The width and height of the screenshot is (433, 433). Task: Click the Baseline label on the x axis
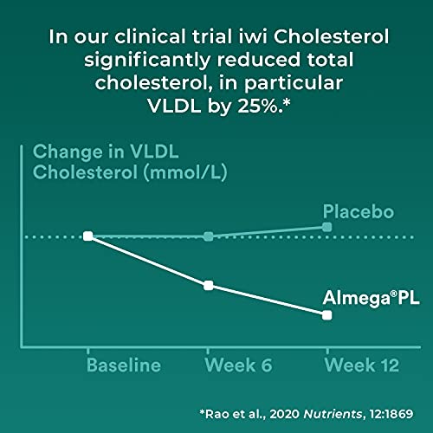(123, 365)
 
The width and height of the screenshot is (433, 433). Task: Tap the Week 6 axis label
(238, 365)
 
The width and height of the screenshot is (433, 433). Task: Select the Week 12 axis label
(361, 365)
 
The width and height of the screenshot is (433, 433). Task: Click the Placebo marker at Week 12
(326, 227)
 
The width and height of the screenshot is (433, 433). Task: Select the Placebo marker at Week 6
(208, 236)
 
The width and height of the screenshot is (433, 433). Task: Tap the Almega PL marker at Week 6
(208, 285)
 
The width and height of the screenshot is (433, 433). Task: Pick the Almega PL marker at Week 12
(326, 315)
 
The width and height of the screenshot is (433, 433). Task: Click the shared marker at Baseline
(88, 236)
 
